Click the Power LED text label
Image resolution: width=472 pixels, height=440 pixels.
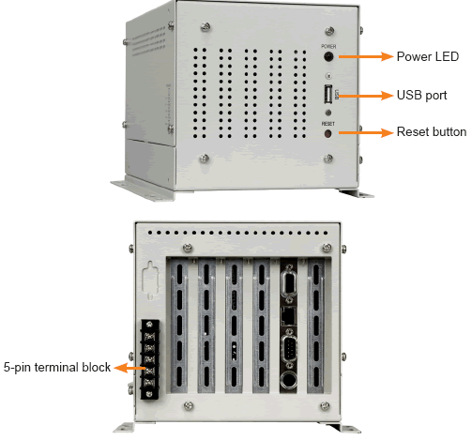(428, 56)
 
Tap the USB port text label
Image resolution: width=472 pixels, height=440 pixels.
(421, 96)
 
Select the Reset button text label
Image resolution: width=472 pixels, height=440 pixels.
(432, 131)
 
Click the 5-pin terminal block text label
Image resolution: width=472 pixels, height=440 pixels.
(57, 367)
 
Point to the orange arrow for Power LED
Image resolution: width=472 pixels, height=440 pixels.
(366, 56)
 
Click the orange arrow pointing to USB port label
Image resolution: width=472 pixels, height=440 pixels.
(366, 96)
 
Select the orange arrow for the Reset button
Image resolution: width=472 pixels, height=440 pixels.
(366, 132)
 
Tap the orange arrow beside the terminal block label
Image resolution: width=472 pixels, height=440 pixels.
(129, 368)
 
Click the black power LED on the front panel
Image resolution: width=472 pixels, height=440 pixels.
(328, 57)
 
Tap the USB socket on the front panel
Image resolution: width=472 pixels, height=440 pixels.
(327, 94)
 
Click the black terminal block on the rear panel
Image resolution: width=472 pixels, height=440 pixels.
(149, 359)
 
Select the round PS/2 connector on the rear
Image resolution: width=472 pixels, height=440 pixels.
(288, 381)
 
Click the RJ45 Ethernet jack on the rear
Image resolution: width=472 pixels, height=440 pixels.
(288, 316)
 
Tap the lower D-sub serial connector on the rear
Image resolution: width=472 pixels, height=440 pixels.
(288, 347)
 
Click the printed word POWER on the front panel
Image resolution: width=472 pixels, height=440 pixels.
(328, 47)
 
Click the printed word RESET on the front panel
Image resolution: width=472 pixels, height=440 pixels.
(328, 124)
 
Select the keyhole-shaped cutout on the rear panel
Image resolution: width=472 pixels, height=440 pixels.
(150, 281)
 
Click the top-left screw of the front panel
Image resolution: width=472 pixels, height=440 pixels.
(206, 27)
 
